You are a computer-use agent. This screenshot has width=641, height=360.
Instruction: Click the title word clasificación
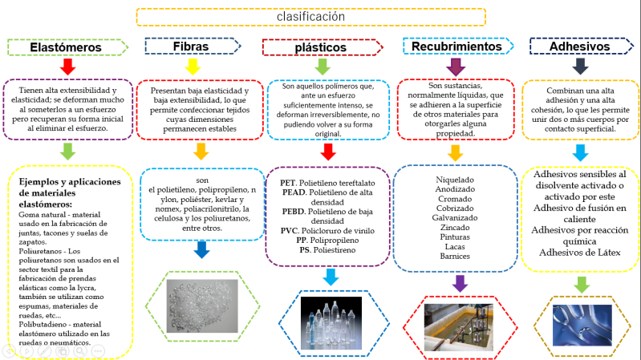click(x=310, y=16)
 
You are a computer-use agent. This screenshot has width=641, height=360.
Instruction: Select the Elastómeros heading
click(x=65, y=47)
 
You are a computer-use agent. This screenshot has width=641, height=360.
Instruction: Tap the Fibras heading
click(x=190, y=47)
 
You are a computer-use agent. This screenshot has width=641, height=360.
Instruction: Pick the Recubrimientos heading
click(x=456, y=47)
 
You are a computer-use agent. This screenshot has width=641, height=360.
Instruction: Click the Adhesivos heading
click(x=579, y=47)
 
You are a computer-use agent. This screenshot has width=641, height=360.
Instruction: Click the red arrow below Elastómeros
click(x=68, y=67)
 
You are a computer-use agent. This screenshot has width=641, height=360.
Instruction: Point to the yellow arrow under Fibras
click(x=193, y=67)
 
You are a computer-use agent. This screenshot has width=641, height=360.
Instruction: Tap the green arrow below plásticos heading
click(x=323, y=67)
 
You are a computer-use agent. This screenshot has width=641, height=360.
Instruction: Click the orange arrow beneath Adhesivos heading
click(x=581, y=67)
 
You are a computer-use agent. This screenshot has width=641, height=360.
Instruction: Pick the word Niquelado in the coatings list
click(x=455, y=180)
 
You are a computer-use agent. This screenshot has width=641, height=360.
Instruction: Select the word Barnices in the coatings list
click(x=455, y=257)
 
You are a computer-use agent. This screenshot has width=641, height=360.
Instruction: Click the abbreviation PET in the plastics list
click(x=290, y=182)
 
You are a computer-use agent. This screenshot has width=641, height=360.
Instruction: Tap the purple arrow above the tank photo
click(x=460, y=282)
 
